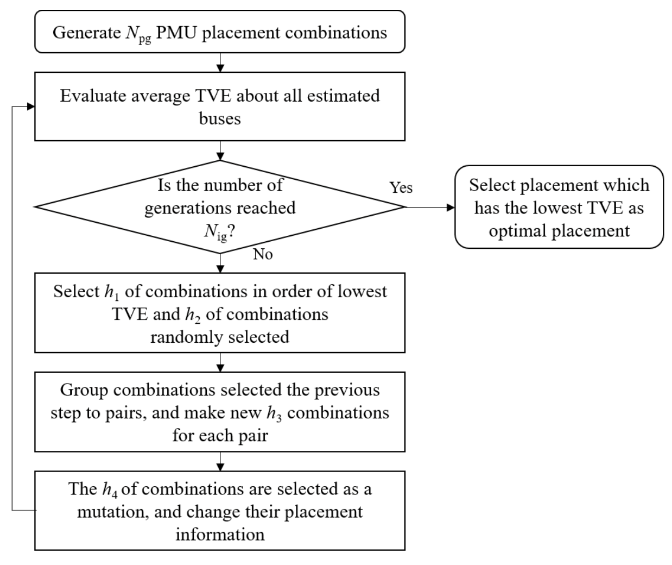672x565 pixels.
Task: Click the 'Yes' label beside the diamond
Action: point(401,187)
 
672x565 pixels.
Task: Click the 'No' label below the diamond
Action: point(263,254)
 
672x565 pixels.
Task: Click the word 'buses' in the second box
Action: point(219,118)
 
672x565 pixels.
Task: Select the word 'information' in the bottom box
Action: point(219,535)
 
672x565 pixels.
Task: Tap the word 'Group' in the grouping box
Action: point(84,390)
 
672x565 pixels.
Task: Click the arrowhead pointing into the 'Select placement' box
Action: point(450,207)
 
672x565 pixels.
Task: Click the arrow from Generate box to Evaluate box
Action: point(220,62)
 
